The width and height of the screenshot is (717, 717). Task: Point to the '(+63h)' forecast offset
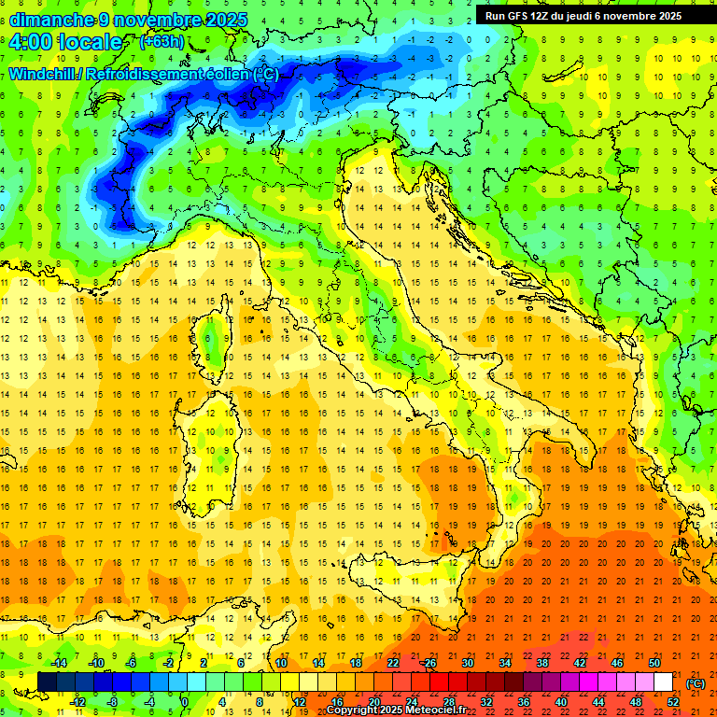(x=162, y=42)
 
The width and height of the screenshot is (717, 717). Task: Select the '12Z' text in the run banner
(x=543, y=16)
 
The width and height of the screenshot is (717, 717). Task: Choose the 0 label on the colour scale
(x=185, y=702)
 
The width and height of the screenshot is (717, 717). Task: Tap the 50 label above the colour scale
(x=654, y=663)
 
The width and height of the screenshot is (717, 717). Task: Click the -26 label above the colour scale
(x=429, y=663)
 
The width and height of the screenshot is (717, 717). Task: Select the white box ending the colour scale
(x=664, y=682)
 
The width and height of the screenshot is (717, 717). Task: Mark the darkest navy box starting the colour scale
(x=47, y=682)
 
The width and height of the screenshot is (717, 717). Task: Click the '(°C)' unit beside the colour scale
(x=696, y=682)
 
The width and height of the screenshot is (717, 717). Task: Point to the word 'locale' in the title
(x=92, y=42)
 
